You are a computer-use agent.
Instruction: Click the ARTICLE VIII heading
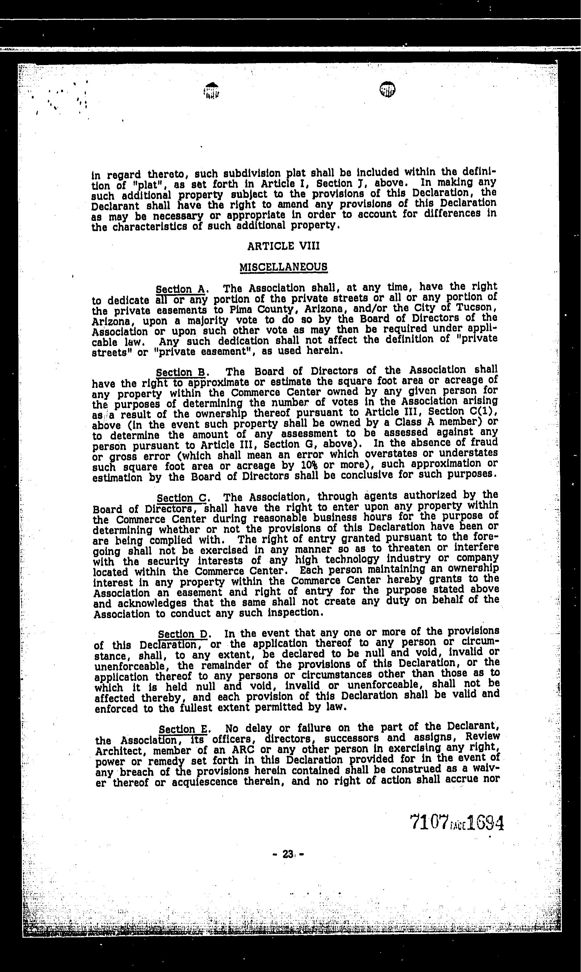(284, 246)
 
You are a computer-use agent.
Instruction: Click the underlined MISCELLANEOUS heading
(284, 267)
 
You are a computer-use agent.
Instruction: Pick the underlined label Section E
(184, 729)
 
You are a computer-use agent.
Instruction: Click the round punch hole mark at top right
(387, 90)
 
